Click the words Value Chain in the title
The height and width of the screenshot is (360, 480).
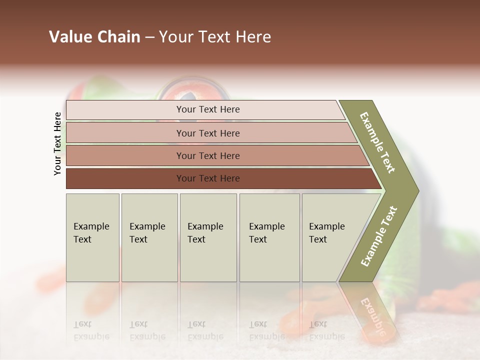(94, 37)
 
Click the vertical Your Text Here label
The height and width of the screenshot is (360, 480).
(57, 143)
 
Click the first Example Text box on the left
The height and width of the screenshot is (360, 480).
(92, 237)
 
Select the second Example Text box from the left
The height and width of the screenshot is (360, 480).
(149, 237)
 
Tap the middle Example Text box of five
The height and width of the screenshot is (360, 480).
(208, 237)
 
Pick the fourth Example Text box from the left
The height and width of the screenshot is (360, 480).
(269, 237)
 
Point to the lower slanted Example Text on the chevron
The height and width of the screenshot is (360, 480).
(378, 236)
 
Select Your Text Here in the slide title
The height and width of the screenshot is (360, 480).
(215, 37)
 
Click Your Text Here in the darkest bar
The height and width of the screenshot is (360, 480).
(208, 178)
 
